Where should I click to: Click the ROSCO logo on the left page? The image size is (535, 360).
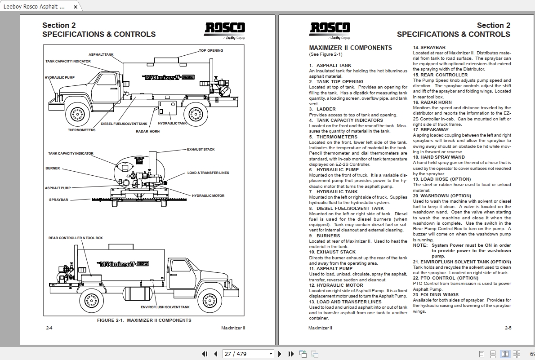(x=225, y=29)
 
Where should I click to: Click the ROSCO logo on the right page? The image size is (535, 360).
(x=330, y=29)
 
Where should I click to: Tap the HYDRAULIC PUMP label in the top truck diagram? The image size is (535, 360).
(x=60, y=78)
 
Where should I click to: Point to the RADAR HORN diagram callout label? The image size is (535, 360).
(x=147, y=132)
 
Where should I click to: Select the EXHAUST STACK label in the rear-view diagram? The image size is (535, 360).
(x=201, y=150)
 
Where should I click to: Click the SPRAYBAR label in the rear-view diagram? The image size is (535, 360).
(x=58, y=200)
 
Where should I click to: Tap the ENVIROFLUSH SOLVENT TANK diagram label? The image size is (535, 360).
(x=165, y=307)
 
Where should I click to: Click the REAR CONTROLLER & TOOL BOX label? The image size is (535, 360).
(x=76, y=238)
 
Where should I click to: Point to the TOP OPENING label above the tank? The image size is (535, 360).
(x=211, y=50)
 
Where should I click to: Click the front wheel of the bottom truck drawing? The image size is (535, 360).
(x=210, y=299)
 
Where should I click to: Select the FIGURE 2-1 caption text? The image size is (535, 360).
(x=144, y=320)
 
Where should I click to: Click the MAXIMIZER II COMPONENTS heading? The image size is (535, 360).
(x=350, y=48)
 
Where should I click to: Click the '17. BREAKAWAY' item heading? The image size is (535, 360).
(x=431, y=130)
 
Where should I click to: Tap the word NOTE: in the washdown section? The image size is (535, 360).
(x=420, y=245)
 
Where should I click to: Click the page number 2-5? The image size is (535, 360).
(x=508, y=328)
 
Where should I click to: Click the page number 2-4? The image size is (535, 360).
(x=49, y=328)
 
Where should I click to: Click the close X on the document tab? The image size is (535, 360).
(x=76, y=7)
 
